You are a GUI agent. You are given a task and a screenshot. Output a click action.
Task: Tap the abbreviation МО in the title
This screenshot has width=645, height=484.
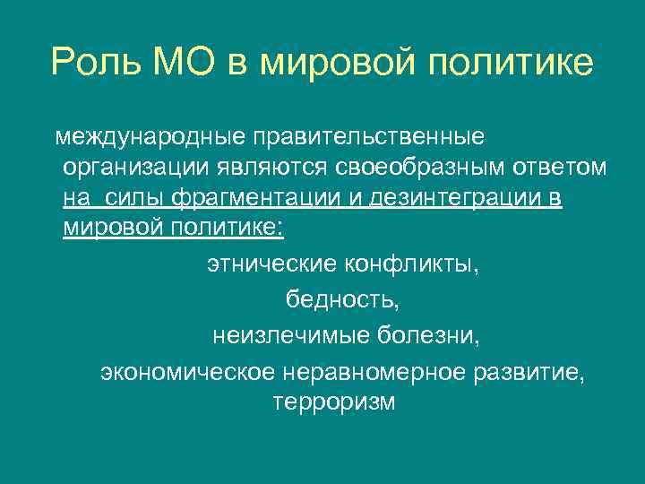point(191,62)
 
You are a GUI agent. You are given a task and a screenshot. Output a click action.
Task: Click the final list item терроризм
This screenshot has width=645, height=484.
point(333,402)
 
